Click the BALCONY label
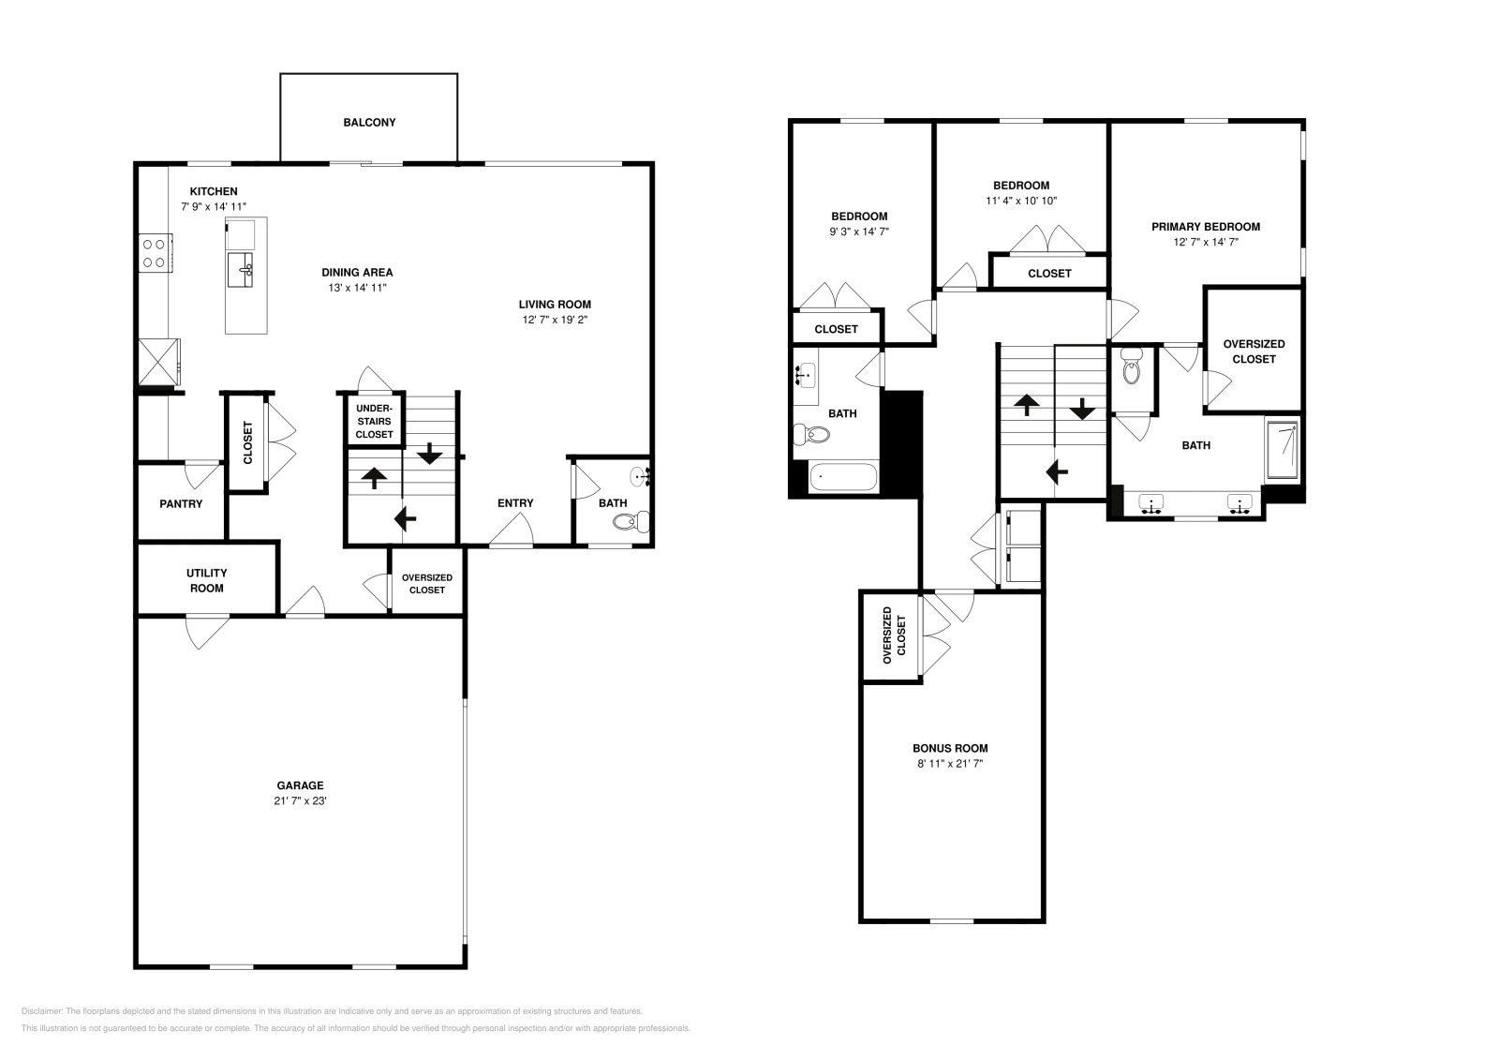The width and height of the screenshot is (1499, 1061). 369,123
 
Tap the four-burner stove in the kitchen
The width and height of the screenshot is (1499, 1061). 156,252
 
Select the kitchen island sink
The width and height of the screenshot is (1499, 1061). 240,270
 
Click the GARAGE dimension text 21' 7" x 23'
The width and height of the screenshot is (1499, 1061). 300,800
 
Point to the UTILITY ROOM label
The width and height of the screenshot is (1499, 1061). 207,580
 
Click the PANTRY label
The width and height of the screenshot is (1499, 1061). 181,504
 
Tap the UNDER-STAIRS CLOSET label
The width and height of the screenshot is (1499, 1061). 374,421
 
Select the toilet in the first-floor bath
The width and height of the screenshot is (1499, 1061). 631,521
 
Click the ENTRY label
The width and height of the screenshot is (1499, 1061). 515,503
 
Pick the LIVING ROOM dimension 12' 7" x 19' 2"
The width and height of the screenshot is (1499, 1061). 555,320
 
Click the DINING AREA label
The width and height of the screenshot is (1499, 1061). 357,273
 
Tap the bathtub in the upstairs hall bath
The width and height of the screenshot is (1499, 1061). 843,478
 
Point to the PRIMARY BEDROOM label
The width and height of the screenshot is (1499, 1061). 1205,227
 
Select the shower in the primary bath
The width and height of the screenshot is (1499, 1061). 1283,449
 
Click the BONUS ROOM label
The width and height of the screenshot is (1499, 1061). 950,748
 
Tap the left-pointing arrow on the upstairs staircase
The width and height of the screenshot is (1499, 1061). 1058,472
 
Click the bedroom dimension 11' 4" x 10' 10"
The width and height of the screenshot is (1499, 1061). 1021,201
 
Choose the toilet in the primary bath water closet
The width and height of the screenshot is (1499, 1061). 1131,366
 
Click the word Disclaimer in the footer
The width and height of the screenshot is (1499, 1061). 41,1011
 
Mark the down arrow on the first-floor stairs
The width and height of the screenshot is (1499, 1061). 429,454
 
